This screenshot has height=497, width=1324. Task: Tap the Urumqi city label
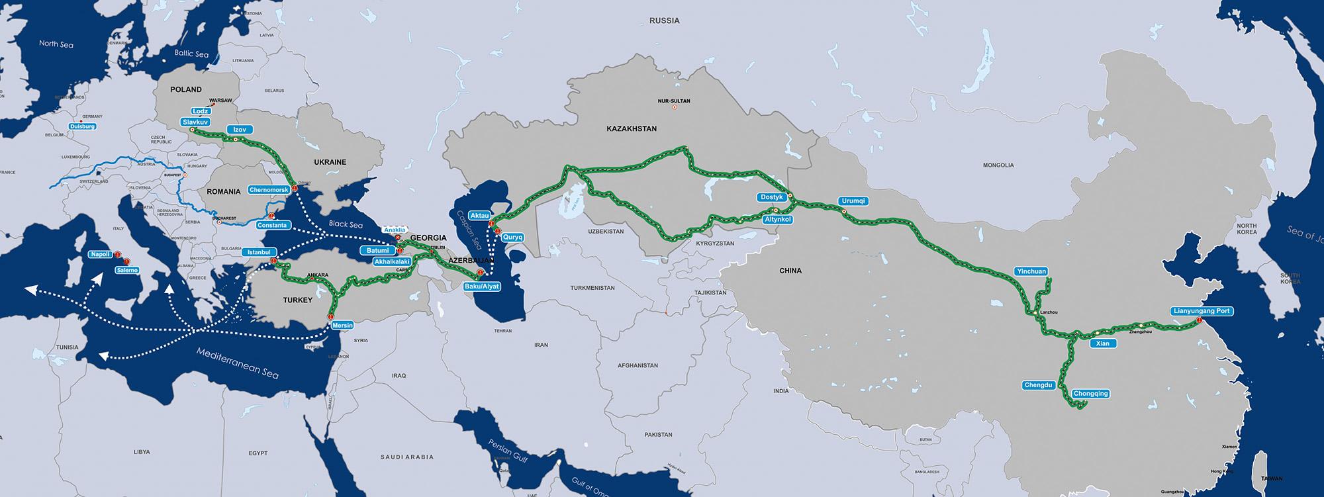[853, 201]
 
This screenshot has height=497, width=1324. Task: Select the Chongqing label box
[1090, 394]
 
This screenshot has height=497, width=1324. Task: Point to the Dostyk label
[772, 197]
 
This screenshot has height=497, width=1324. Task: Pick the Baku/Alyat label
[481, 286]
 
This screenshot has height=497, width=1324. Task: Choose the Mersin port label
[342, 326]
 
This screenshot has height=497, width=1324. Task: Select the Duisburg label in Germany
[83, 126]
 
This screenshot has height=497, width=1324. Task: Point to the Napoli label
[101, 254]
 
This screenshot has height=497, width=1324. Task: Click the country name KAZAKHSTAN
[631, 129]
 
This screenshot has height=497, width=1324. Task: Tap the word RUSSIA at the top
[664, 21]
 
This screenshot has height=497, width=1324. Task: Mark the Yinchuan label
[1030, 271]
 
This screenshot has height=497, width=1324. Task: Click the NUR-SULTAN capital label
[674, 101]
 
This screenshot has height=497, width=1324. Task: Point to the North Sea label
[56, 44]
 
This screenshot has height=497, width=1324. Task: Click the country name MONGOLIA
[998, 165]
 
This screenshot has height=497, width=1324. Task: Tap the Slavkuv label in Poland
[197, 122]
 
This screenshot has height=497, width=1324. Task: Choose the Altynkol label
[778, 219]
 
